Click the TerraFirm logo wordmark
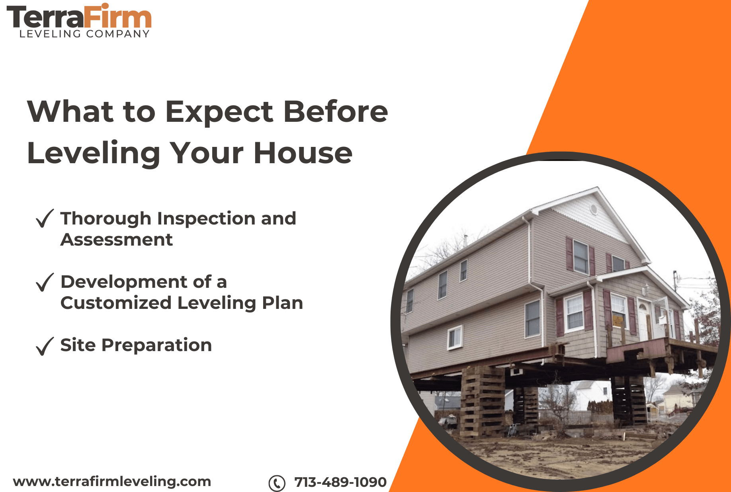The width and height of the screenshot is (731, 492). [x=79, y=18]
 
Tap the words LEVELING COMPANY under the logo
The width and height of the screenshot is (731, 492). [x=84, y=34]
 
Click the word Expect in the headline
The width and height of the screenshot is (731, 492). [x=219, y=112]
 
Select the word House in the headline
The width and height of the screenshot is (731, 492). [x=303, y=153]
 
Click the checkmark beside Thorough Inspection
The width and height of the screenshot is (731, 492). [x=45, y=219]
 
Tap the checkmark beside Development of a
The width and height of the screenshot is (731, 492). [x=45, y=282]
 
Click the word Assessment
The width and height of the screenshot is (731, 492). [x=117, y=240]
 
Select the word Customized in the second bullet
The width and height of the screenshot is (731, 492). [x=116, y=303]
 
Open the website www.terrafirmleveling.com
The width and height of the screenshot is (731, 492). [x=112, y=481]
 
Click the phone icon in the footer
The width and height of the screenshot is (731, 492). [x=277, y=483]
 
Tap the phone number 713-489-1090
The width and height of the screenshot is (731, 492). [x=340, y=482]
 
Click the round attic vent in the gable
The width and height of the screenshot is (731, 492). [x=594, y=209]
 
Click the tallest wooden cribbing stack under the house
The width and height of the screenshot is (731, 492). [x=482, y=402]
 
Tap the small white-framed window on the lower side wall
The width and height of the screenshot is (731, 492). [x=455, y=338]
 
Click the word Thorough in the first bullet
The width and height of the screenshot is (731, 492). [x=106, y=219]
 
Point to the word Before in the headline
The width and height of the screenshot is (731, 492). [x=335, y=112]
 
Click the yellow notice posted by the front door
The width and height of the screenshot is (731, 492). [x=618, y=321]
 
